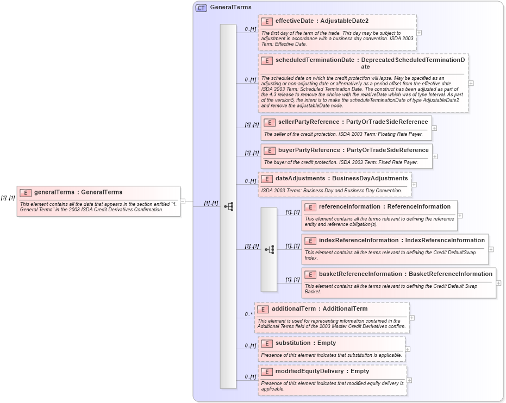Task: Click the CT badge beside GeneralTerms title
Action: pyautogui.click(x=201, y=8)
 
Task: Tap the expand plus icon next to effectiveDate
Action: pyautogui.click(x=419, y=33)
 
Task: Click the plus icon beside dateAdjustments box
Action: pyautogui.click(x=414, y=185)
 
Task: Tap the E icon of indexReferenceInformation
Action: pyautogui.click(x=310, y=241)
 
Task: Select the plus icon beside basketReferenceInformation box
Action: pyautogui.click(x=499, y=283)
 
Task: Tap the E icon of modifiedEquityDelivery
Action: pyautogui.click(x=266, y=371)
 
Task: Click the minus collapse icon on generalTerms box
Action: pyautogui.click(x=183, y=201)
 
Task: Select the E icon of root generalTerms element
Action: pyautogui.click(x=25, y=192)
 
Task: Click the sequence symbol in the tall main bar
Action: pyautogui.click(x=228, y=206)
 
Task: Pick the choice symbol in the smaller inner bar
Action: pyautogui.click(x=269, y=249)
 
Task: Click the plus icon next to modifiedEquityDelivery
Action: pyautogui.click(x=409, y=380)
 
